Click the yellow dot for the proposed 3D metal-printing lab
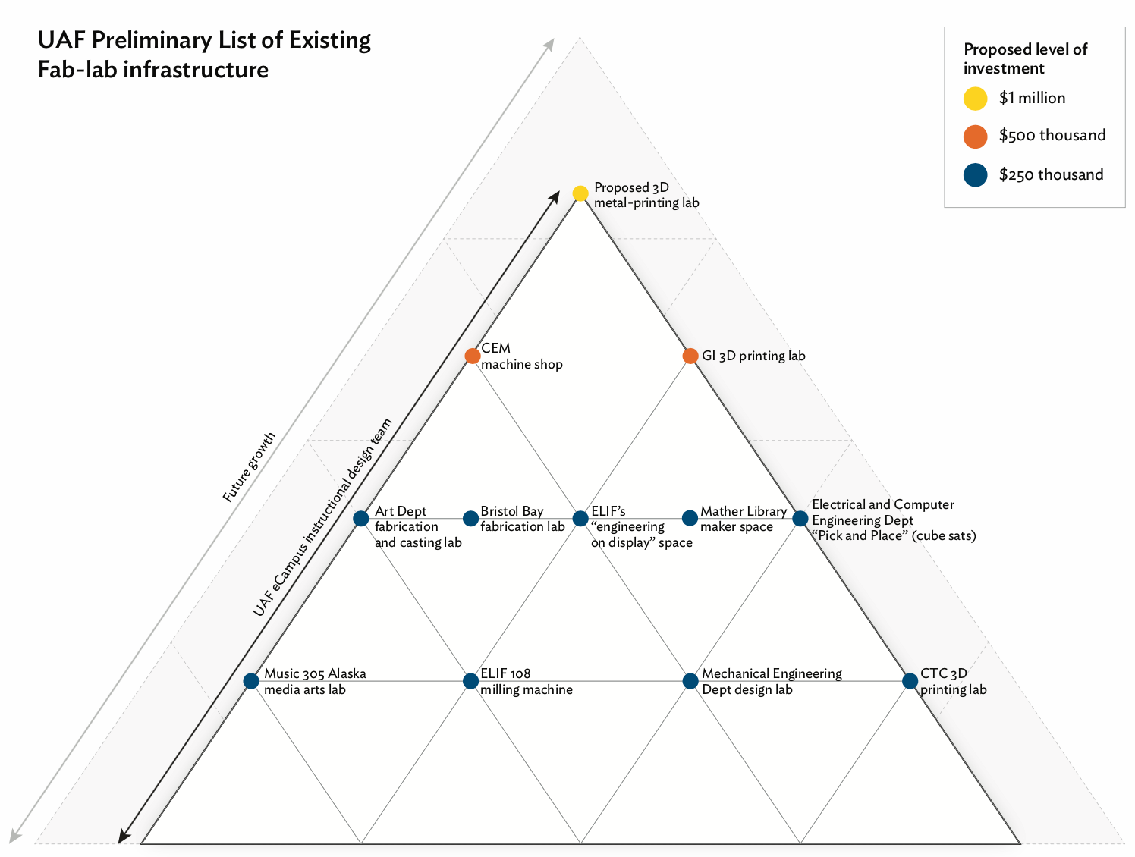click(580, 193)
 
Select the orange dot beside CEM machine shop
click(472, 356)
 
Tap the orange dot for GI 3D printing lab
click(690, 356)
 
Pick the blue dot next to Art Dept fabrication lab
click(361, 519)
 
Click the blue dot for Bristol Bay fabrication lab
click(470, 519)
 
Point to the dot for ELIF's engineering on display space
click(580, 519)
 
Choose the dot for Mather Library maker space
click(690, 519)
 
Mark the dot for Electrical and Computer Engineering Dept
click(800, 519)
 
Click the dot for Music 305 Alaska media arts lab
click(251, 681)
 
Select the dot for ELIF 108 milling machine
click(470, 681)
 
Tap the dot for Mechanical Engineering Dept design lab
click(690, 681)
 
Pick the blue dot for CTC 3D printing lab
click(910, 681)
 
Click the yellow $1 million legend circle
click(975, 99)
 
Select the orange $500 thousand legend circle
click(975, 137)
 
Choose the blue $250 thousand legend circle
click(975, 175)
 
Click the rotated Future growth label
click(249, 467)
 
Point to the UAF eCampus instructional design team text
click(323, 517)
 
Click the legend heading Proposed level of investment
click(1025, 58)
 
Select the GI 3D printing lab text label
click(753, 356)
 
